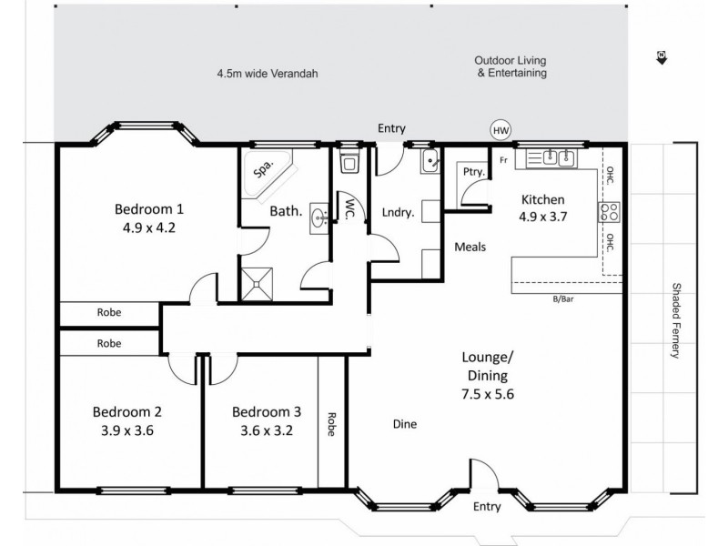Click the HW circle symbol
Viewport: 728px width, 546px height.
coord(500,130)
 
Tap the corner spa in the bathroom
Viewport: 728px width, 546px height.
coord(264,174)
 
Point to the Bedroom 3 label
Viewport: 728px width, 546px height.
coord(264,410)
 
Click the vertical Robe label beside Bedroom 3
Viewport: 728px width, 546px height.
coord(332,425)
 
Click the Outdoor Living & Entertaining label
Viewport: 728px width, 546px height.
coord(511,67)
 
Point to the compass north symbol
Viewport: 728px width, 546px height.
coord(660,58)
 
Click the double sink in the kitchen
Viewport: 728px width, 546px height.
coord(556,158)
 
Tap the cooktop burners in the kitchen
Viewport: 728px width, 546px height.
coord(608,214)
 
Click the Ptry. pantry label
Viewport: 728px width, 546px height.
coord(471,171)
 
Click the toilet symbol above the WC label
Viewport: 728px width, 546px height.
coord(349,163)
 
